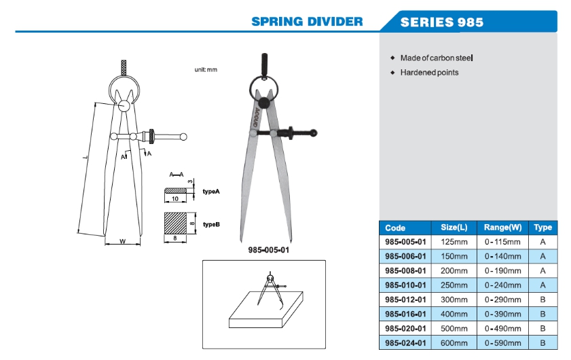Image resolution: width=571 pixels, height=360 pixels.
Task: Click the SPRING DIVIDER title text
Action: point(307,21)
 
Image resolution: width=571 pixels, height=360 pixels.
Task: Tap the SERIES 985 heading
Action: point(441,22)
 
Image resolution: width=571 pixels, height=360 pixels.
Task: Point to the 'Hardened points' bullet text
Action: point(429,72)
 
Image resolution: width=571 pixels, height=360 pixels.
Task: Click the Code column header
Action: point(395,228)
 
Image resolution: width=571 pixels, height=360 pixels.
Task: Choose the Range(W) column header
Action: point(502,228)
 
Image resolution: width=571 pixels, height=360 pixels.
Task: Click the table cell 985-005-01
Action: point(405,242)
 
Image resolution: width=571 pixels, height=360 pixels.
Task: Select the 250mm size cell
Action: point(455,285)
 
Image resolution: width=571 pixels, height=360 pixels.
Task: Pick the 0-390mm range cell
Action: point(503,314)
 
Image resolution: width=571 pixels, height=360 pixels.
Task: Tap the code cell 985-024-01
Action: point(405,342)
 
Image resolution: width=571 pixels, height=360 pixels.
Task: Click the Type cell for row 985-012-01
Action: point(543,299)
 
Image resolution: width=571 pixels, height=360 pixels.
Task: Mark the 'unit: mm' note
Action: point(206,70)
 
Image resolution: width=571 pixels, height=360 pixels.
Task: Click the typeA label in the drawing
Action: point(212,192)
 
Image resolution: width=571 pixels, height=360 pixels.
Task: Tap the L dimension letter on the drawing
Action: point(85,158)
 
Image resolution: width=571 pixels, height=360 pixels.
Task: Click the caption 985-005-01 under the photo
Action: point(268,250)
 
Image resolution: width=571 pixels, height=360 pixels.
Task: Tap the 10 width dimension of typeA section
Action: point(174,199)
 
